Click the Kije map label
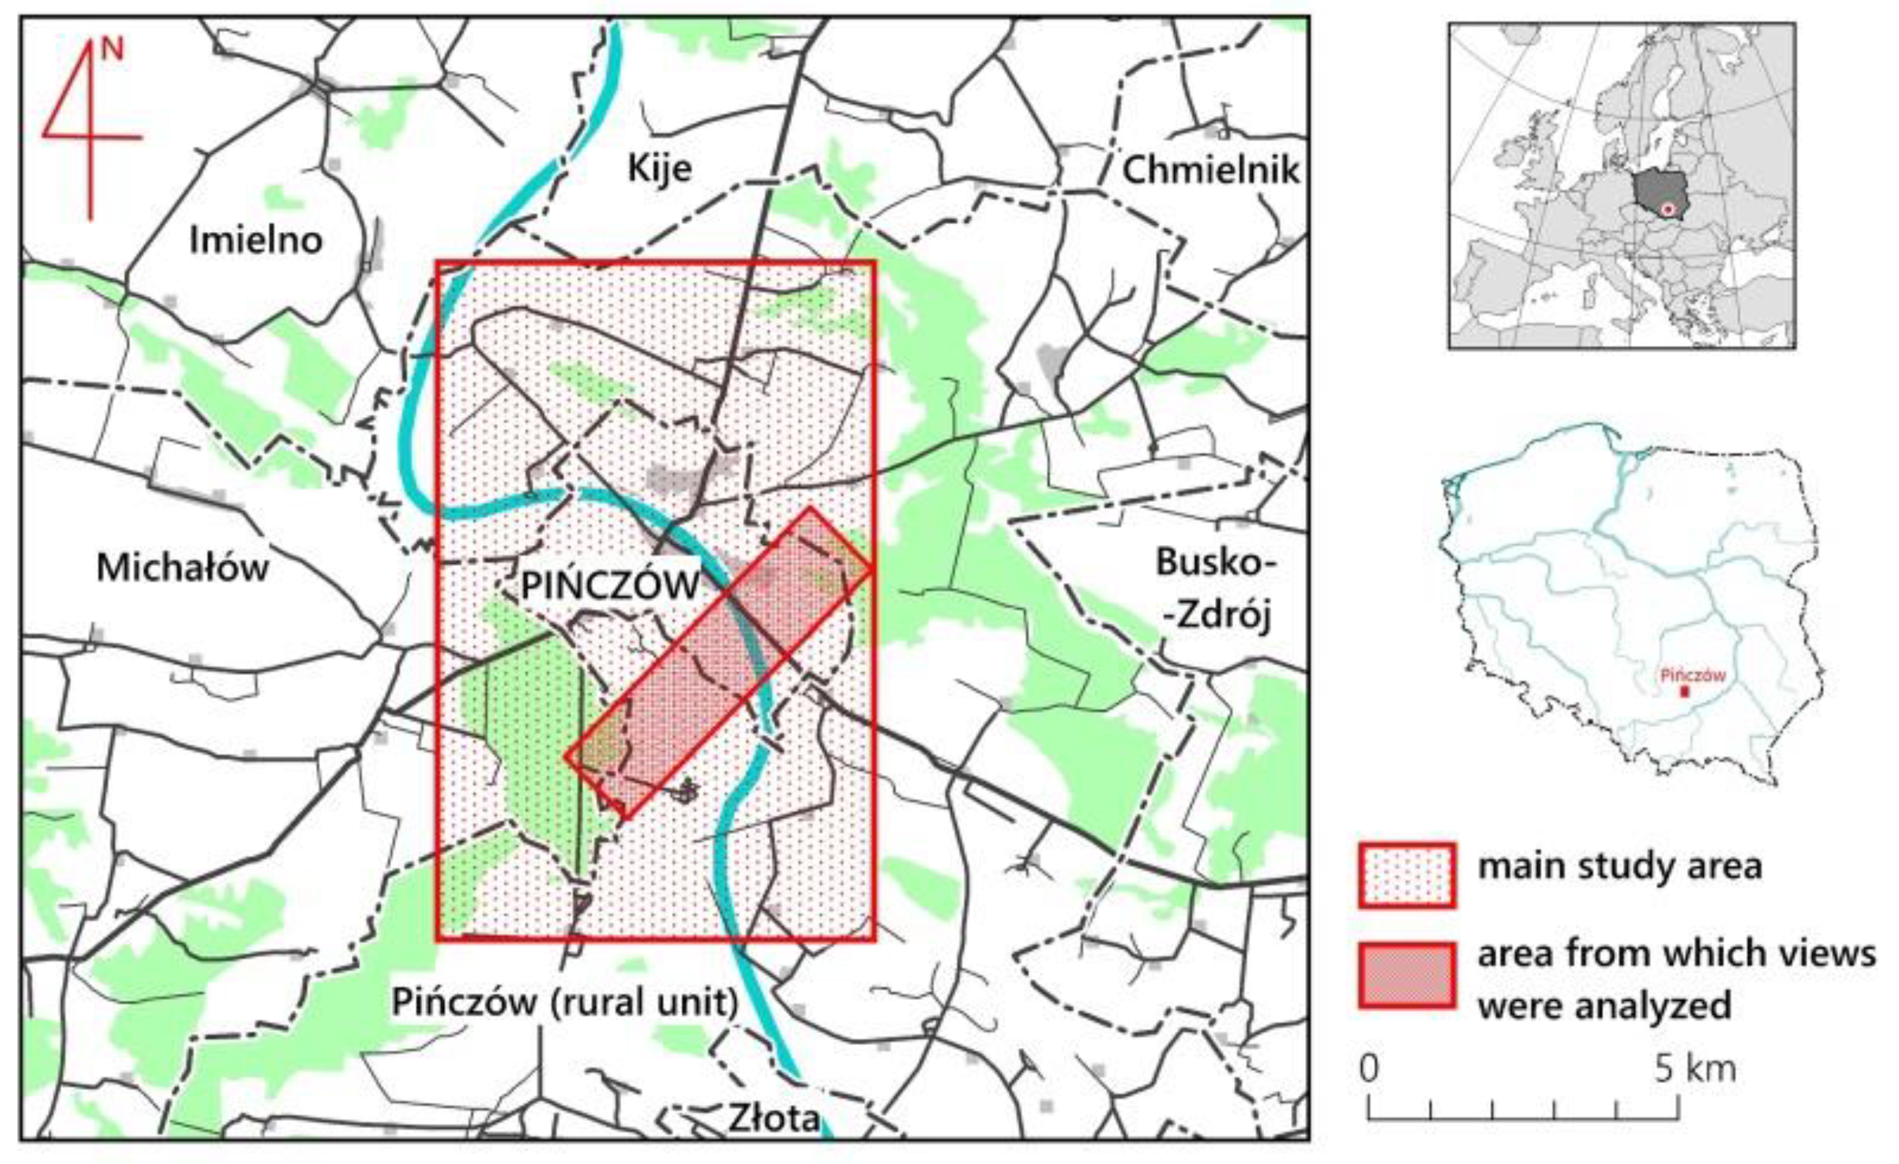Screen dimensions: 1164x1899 (660, 169)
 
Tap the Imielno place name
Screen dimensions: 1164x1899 (256, 241)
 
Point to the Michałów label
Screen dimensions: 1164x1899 (183, 569)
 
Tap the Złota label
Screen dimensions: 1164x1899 (773, 1118)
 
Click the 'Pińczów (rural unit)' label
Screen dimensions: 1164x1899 (565, 1002)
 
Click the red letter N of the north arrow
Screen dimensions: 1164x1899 (112, 49)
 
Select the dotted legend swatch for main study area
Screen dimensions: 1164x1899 (1406, 876)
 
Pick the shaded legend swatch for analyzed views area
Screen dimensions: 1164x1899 (1406, 975)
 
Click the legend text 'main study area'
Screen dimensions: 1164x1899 (1619, 867)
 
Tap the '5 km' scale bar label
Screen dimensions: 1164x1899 (1694, 1070)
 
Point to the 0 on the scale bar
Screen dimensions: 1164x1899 (1369, 1070)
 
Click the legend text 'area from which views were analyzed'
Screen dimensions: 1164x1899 (1676, 979)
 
